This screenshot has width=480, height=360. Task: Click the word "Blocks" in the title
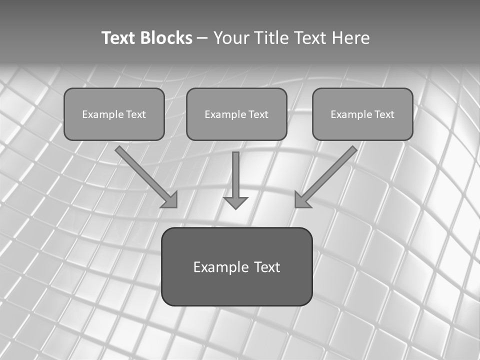(166, 38)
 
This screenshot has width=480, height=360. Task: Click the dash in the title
(202, 38)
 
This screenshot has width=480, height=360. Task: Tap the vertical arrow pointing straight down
(235, 177)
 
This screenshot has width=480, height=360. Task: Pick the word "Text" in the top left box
(135, 114)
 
